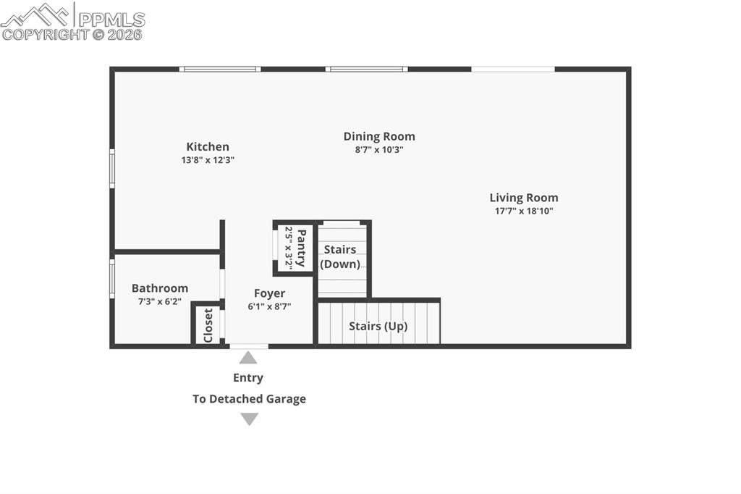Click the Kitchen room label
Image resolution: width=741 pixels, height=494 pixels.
pos(208,147)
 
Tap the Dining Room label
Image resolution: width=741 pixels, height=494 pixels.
pos(379,136)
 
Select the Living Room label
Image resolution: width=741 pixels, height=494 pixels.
pos(524,198)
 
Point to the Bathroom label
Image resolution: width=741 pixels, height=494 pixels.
pos(160,288)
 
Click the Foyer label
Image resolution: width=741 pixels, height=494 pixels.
pos(269,293)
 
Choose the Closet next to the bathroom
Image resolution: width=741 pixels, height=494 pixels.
pos(208,325)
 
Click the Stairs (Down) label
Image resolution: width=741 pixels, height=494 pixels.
pos(340,256)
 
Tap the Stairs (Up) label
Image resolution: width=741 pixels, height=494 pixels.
pos(378,326)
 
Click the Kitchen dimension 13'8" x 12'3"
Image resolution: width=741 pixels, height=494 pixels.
pos(208,160)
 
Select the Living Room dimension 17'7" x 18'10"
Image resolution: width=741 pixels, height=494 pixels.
pos(524,211)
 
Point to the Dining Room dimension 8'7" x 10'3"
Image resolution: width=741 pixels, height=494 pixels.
pos(379,150)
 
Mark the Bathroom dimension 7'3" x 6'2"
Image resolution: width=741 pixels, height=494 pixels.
pos(160,301)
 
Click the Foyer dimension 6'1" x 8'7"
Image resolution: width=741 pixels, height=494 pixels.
pos(269,306)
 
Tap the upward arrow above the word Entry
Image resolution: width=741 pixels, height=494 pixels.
pos(248,357)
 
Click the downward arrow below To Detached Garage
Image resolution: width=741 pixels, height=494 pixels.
pos(249,419)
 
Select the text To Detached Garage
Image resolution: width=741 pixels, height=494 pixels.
pos(249,398)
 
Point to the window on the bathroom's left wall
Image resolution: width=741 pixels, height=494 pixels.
pos(112,279)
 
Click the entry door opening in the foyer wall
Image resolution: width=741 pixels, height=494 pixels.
pos(249,346)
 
